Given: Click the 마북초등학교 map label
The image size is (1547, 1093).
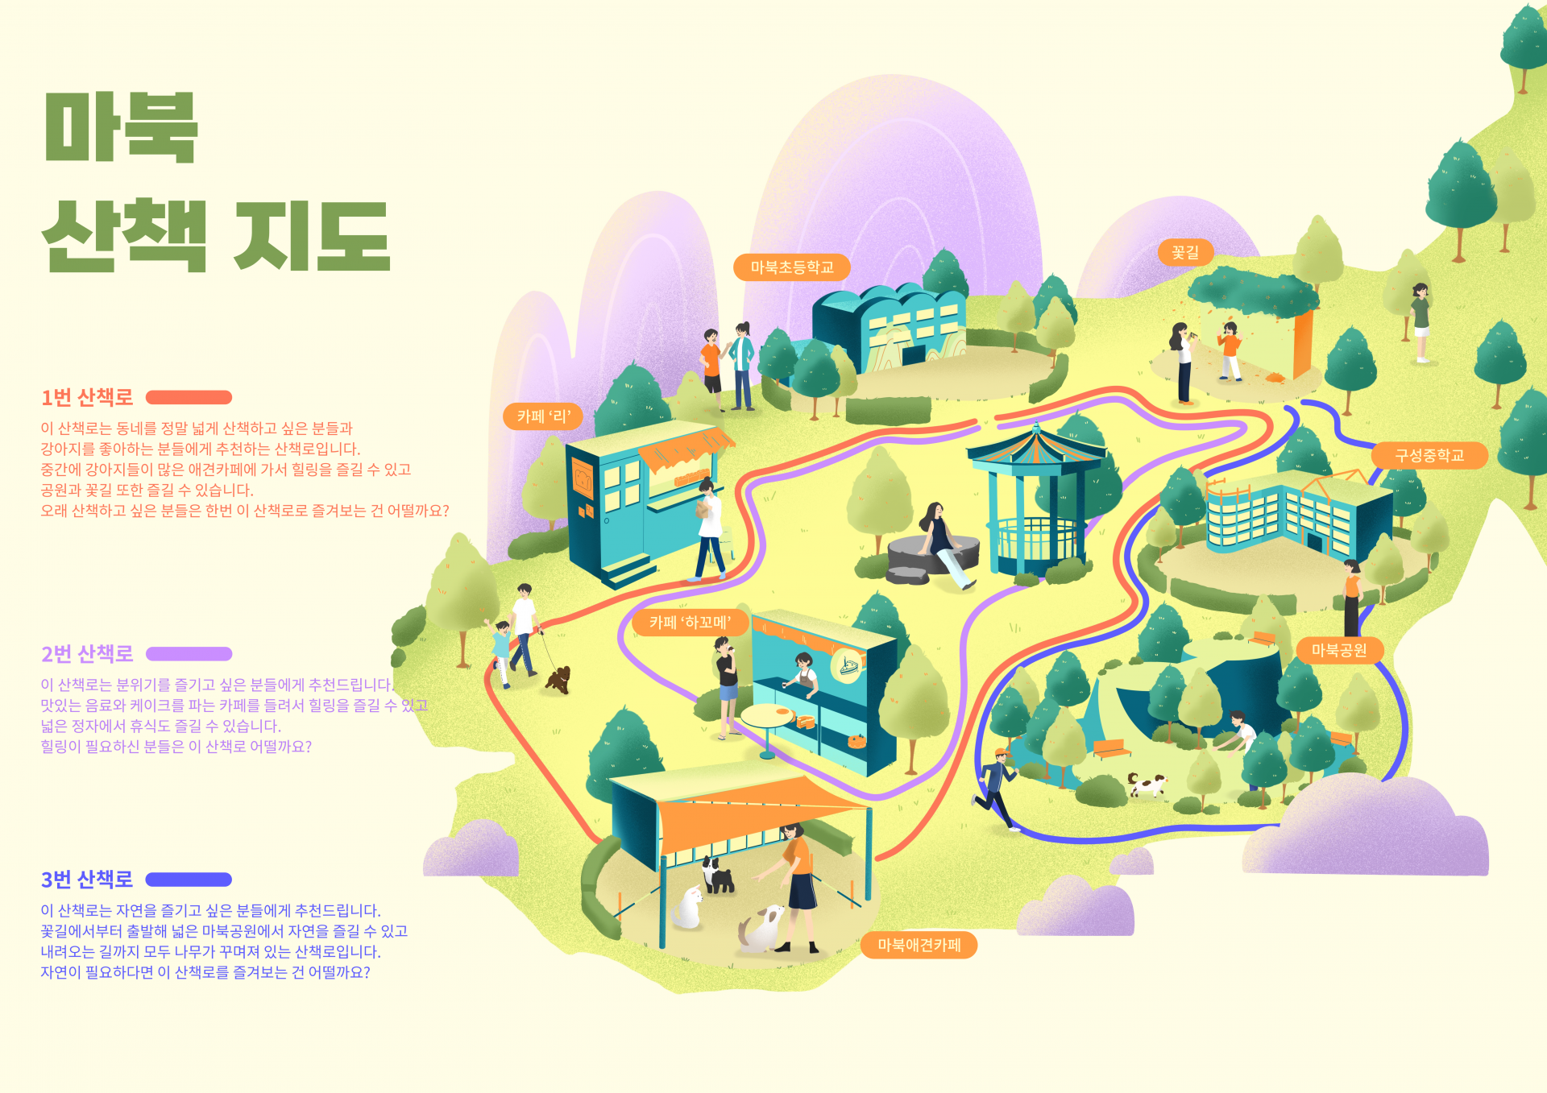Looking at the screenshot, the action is tap(791, 267).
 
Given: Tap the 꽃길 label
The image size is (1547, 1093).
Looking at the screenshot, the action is tap(1185, 253).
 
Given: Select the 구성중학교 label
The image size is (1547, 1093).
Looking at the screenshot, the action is tap(1429, 455).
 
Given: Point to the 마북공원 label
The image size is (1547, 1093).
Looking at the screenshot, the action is tap(1338, 650).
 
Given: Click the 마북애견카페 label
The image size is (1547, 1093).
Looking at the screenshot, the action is tap(919, 945).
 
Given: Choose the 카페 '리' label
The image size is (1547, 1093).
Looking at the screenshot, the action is tap(543, 416).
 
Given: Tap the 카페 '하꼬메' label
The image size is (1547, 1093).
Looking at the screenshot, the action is tap(690, 623).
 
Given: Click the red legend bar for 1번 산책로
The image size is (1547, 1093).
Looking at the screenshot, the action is tap(189, 397).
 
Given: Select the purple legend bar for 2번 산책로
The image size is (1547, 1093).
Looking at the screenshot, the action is tap(189, 654).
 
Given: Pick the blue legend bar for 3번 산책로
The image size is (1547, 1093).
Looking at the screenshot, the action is tap(189, 880).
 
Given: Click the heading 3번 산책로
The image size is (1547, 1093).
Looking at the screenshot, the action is tap(87, 880).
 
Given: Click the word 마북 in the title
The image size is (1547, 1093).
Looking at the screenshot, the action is tap(121, 127).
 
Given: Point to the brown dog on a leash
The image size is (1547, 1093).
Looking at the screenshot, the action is tap(558, 679).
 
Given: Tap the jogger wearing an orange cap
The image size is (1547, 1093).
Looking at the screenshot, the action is tap(997, 785).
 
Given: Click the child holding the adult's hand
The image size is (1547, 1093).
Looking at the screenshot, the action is tap(501, 648).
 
